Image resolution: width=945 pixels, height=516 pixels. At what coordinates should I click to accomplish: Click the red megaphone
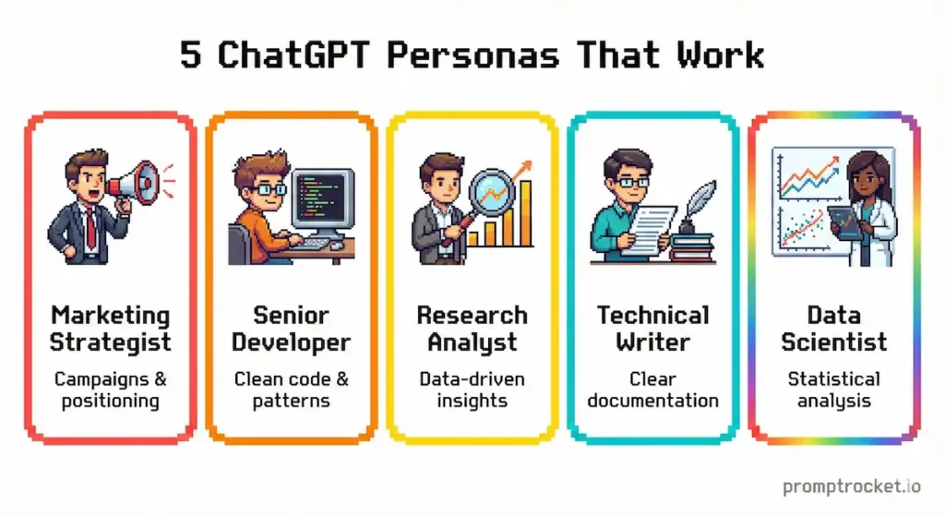click(x=135, y=181)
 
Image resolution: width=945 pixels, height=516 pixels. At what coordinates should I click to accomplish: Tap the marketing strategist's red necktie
click(x=91, y=226)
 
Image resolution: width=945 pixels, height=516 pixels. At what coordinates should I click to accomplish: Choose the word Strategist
click(x=110, y=342)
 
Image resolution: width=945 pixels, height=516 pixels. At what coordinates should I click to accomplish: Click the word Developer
click(x=291, y=342)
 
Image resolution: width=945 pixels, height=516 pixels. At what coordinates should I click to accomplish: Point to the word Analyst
click(x=472, y=343)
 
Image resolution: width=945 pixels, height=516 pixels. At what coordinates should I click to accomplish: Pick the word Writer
click(x=652, y=342)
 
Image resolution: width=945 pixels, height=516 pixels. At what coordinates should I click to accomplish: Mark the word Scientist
click(x=833, y=342)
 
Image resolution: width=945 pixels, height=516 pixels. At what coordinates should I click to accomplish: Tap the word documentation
click(x=652, y=401)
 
